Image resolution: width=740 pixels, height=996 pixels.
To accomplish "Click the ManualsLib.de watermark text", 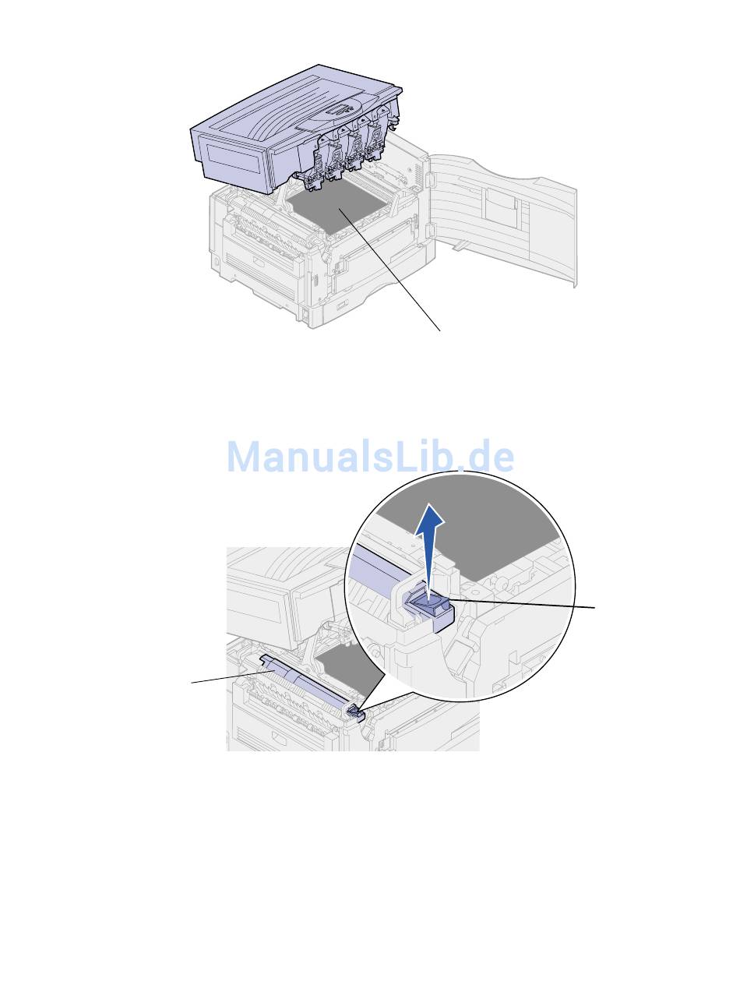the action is coord(371,456).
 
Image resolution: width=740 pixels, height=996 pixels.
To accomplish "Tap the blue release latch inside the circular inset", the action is coord(430,607).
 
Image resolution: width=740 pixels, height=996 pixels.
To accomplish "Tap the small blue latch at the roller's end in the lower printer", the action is coord(356,712).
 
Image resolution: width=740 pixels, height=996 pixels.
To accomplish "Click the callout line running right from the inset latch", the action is coord(522,603).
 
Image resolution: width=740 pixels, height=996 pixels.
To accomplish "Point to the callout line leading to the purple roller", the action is coord(233,677).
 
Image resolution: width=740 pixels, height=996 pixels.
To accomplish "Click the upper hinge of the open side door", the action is coord(428,179).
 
